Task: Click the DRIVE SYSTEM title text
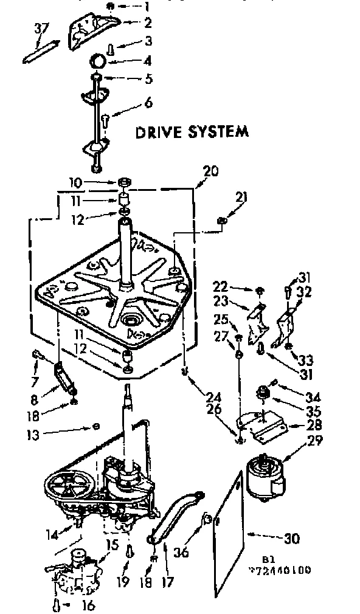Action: [x=192, y=131]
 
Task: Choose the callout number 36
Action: [x=182, y=553]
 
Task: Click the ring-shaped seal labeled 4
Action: [x=98, y=61]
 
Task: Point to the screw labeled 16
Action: [x=56, y=604]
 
